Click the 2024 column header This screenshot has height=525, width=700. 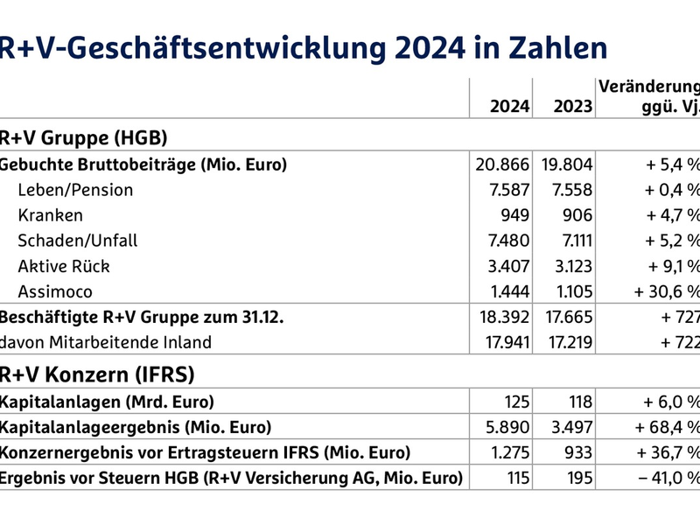pos(509,107)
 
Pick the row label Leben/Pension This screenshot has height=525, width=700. pos(75,190)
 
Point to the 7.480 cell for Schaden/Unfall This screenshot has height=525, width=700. pos(508,240)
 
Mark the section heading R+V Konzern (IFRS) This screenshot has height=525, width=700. pos(96,374)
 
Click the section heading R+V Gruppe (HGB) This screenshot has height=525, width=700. pos(83,137)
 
